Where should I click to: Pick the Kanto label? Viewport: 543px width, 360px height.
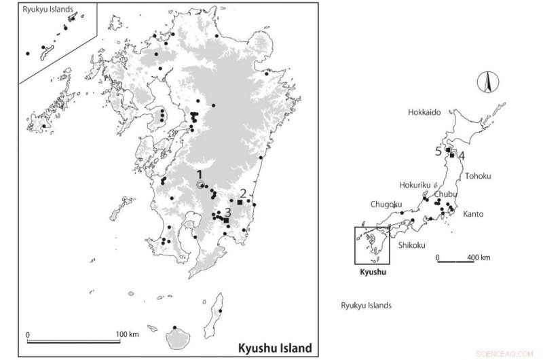[x=474, y=214]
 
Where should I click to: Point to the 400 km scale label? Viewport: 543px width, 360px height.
[x=479, y=258]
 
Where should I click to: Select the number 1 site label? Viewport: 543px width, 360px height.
[x=200, y=174]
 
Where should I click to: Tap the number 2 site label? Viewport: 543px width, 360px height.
[x=243, y=192]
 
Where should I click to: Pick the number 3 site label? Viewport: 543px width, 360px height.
[x=229, y=212]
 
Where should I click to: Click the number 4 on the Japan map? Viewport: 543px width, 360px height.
[x=462, y=156]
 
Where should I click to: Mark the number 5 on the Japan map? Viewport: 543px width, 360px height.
[x=438, y=151]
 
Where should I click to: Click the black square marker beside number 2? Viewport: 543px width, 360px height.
[x=240, y=202]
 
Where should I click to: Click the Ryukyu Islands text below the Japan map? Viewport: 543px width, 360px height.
[x=366, y=305]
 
